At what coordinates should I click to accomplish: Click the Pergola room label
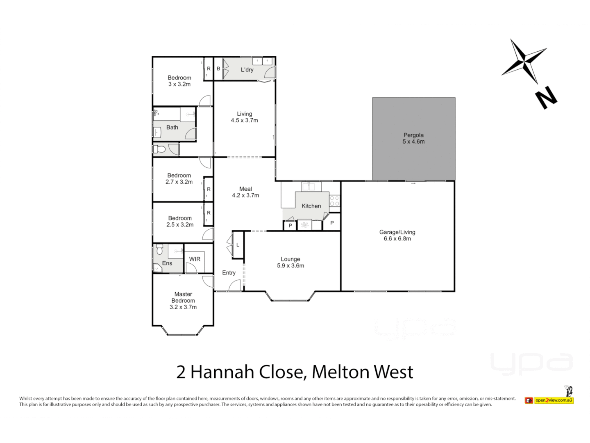coord(413,135)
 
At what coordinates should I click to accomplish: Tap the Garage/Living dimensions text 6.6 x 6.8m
coord(397,239)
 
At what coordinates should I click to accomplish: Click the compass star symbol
coord(524,62)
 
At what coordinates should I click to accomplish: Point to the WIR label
coord(195,259)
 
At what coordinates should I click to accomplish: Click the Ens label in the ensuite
coord(167,263)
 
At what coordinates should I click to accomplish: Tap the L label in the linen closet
coord(238,245)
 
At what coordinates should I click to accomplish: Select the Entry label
coord(229,273)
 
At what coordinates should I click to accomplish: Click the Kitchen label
coord(311,206)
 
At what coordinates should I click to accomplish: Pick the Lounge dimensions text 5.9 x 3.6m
coord(290,266)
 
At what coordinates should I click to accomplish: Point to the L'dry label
coord(247,70)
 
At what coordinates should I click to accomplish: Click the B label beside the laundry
coord(218,69)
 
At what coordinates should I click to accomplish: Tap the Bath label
coord(172,128)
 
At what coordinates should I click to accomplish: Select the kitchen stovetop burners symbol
coord(334,201)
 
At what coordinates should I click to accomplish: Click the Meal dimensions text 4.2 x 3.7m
coord(245,196)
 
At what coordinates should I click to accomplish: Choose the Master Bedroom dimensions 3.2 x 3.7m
coord(183,307)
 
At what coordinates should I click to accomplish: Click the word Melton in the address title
coord(340,372)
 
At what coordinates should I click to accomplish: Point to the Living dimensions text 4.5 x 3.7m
coord(245,121)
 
